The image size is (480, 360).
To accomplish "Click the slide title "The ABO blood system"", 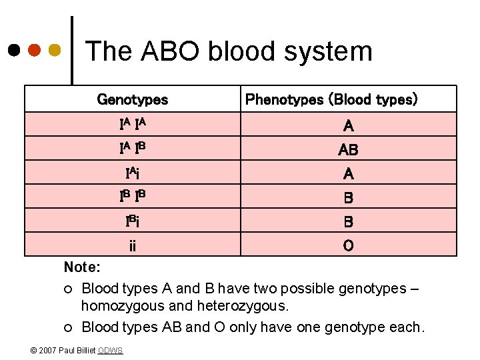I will coord(229,51).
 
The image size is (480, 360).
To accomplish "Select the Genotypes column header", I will coord(133,100).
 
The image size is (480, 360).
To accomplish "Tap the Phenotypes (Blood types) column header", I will coord(331,100).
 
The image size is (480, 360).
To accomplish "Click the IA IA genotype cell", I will coord(133,125).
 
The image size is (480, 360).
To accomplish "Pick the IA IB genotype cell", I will coord(133,149).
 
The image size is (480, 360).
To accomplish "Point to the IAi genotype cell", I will coord(133,173).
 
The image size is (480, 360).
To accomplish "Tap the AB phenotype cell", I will coord(348,150).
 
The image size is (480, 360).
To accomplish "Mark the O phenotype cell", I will coord(348,246).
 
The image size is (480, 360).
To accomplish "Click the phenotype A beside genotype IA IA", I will coord(348,125).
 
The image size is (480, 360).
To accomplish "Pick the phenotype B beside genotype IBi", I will coord(348,222).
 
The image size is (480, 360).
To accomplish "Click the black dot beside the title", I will coord(14,50).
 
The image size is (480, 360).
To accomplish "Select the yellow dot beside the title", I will coord(55,50).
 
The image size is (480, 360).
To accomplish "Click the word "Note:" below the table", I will coord(82,267).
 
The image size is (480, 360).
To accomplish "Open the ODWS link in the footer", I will coord(110,351).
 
